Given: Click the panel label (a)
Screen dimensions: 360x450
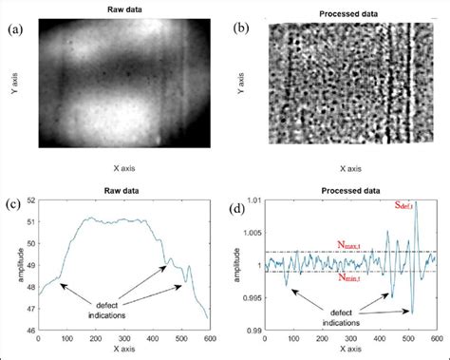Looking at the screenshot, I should click(16, 28).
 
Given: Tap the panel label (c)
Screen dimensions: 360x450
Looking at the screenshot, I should click(16, 202).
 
